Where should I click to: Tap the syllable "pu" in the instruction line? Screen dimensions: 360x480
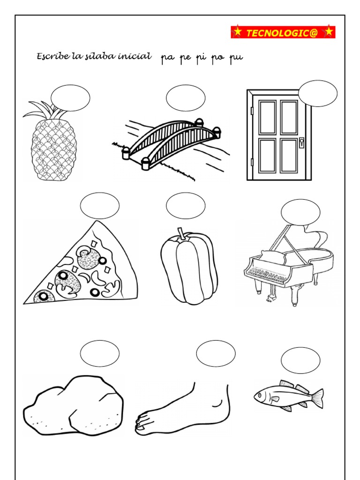pos(236,58)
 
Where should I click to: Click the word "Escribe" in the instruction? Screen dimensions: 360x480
pos(53,56)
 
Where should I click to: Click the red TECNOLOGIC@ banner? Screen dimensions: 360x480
pos(283,32)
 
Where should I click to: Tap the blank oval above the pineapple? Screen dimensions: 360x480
pos(70,98)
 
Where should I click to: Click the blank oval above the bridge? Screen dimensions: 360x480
pos(186,98)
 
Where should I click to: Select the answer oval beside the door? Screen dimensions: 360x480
pos(318,94)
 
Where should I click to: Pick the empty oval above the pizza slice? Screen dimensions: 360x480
pos(100,206)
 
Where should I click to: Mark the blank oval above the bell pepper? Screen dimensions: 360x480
pos(186,206)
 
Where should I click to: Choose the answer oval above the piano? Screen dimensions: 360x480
pos(300,212)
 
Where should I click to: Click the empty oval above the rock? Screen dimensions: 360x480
pos(100,353)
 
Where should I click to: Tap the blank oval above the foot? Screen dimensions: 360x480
pos(216,353)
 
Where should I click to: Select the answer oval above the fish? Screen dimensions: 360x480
pos(300,360)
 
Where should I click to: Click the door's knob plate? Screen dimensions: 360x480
pos(301,142)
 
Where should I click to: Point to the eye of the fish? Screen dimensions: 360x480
pos(260,395)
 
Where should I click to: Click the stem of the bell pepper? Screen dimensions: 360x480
pos(182,233)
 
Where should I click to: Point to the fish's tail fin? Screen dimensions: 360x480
pos(317,398)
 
